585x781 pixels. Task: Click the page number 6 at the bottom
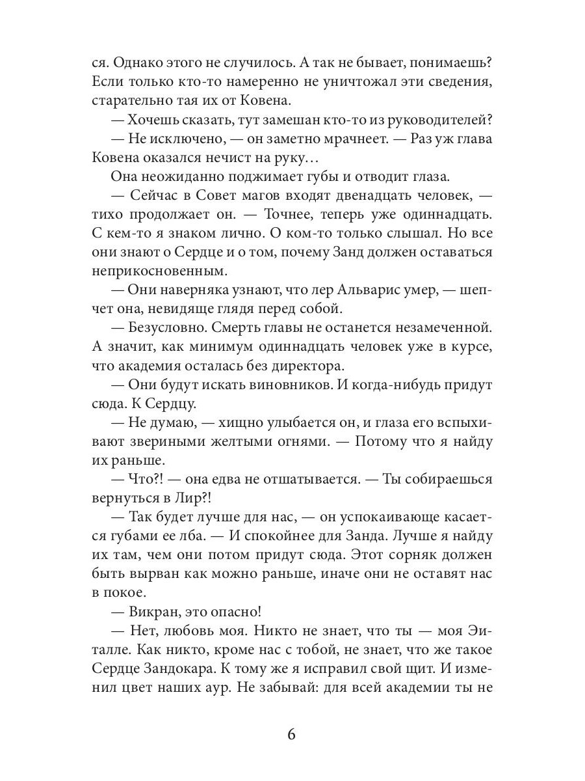click(x=291, y=735)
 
